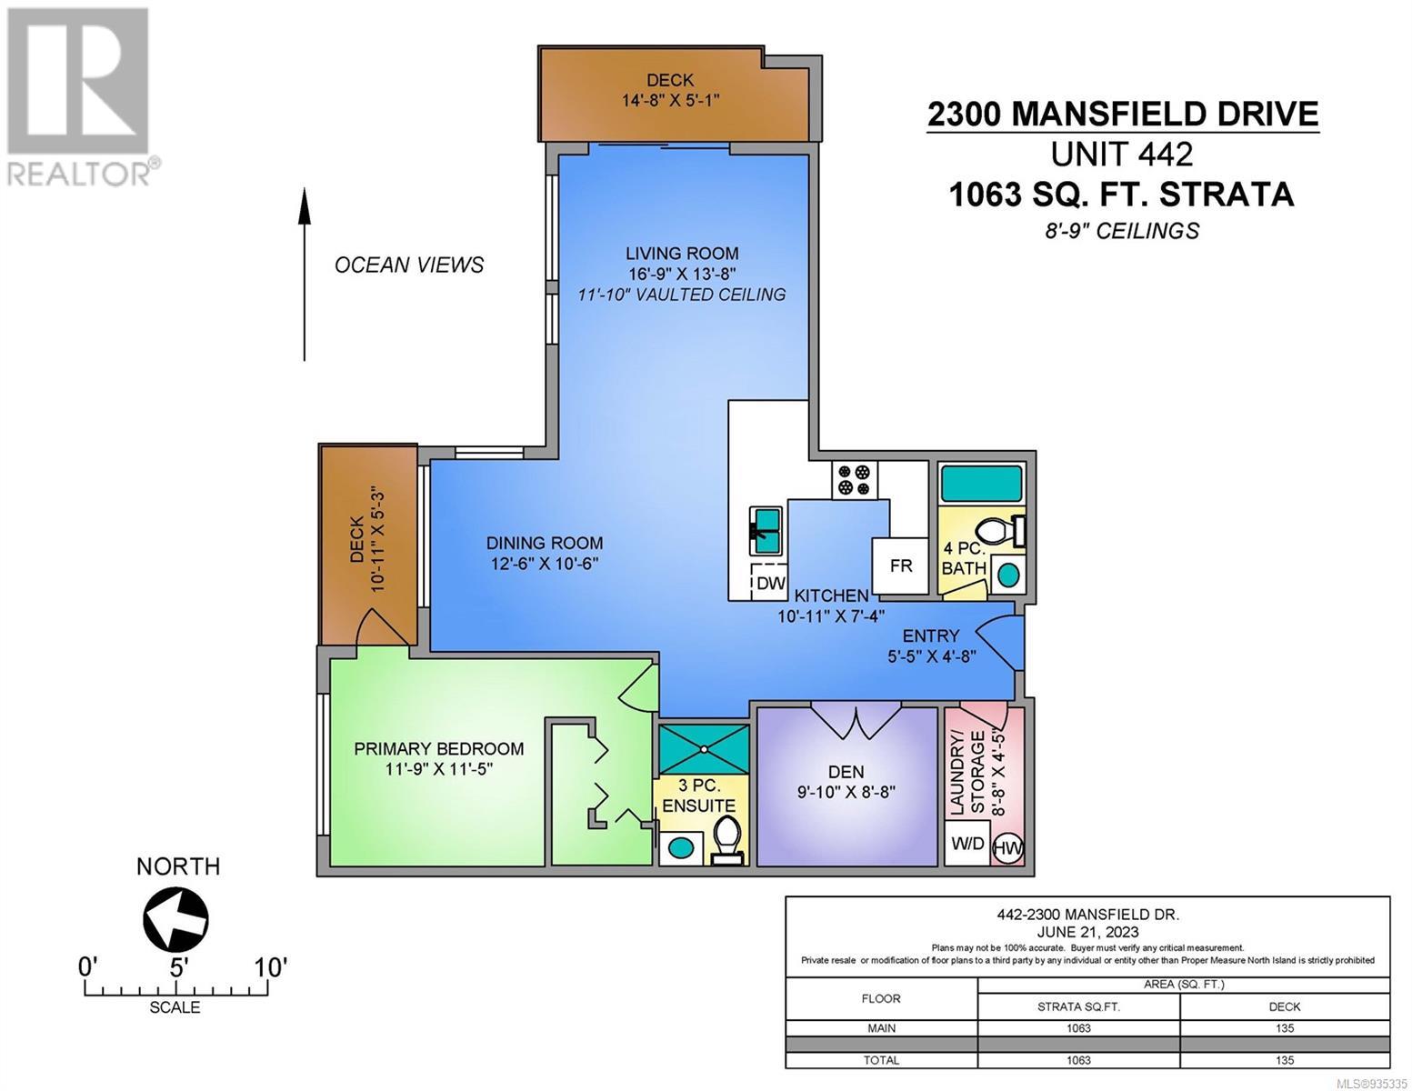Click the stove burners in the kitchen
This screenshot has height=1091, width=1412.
[x=854, y=480]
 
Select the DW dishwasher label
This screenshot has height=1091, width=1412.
[x=771, y=583]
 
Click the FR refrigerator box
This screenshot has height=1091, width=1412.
[x=900, y=566]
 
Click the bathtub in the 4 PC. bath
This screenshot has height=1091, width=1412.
[x=981, y=484]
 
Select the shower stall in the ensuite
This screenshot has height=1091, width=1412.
[x=704, y=749]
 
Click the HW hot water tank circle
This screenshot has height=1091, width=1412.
[x=1007, y=848]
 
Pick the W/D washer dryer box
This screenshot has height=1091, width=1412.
[x=966, y=843]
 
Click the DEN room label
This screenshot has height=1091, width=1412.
[x=846, y=772]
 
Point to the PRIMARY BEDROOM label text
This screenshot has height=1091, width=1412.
[x=438, y=748]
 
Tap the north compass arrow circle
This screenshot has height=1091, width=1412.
[x=175, y=919]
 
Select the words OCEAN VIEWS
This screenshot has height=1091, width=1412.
[x=409, y=265]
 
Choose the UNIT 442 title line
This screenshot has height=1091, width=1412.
[x=1122, y=155]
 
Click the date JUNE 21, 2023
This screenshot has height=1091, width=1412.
[x=1087, y=932]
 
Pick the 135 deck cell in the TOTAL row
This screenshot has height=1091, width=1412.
[x=1284, y=1060]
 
